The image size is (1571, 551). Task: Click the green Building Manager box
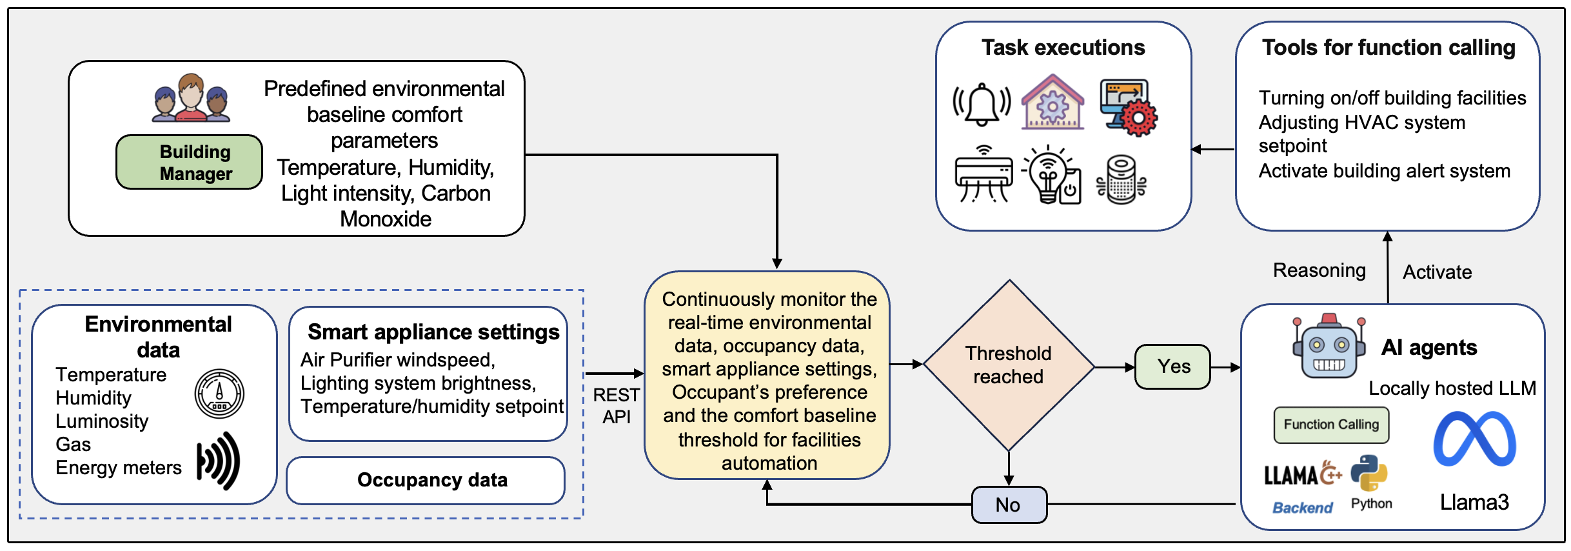pyautogui.click(x=189, y=162)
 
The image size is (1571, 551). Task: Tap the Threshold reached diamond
pyautogui.click(x=1009, y=365)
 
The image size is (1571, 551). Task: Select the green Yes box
pyautogui.click(x=1172, y=366)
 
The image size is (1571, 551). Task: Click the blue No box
pyautogui.click(x=1009, y=505)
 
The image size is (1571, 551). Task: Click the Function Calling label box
pyautogui.click(x=1331, y=425)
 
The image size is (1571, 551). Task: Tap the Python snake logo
pyautogui.click(x=1368, y=474)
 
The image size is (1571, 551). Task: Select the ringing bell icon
pyautogui.click(x=982, y=105)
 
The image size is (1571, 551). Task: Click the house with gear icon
pyautogui.click(x=1052, y=103)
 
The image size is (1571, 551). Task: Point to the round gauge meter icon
pyautogui.click(x=219, y=394)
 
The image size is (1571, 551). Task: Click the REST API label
pyautogui.click(x=617, y=406)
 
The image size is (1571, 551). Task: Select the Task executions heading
pyautogui.click(x=1063, y=48)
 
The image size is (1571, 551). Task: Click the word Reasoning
pyautogui.click(x=1319, y=270)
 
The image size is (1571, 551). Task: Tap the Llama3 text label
pyautogui.click(x=1474, y=502)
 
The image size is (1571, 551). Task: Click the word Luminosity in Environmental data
pyautogui.click(x=102, y=421)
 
